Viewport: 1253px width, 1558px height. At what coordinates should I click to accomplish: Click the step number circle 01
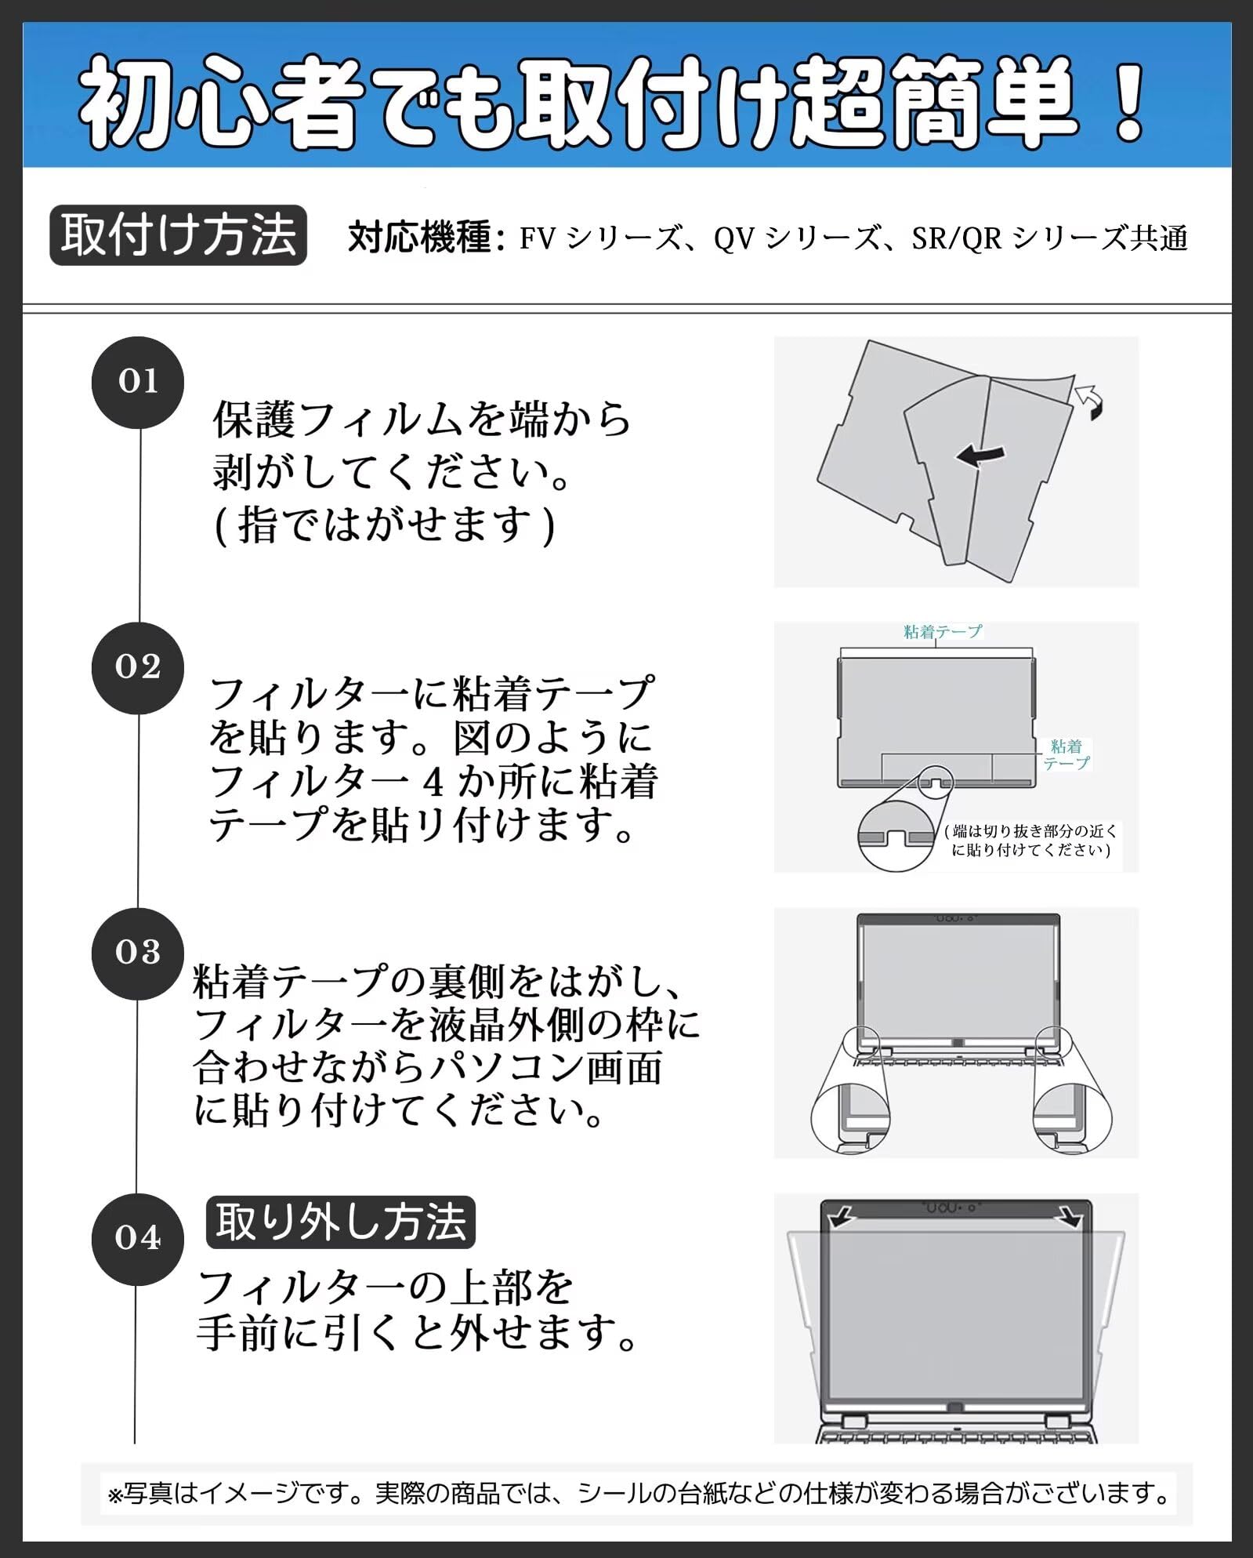coord(138,382)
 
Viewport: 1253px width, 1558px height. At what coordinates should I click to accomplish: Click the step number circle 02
coord(138,667)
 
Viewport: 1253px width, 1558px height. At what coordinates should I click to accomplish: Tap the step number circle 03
coord(138,953)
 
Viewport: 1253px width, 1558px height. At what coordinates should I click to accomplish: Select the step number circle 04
coord(138,1238)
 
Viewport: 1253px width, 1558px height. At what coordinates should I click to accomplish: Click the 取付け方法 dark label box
coord(178,235)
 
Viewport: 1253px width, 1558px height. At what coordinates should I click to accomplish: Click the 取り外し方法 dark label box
coord(340,1222)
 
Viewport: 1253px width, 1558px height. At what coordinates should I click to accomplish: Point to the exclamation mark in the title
coord(1128,102)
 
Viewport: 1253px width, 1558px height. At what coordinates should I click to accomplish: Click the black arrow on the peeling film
coord(980,455)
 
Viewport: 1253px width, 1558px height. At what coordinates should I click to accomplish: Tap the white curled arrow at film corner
coord(1089,401)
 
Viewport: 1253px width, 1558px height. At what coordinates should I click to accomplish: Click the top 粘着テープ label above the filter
coord(942,631)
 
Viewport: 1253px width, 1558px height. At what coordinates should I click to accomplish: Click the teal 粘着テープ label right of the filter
coord(1066,754)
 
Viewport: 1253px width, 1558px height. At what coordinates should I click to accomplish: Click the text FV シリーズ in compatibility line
coord(599,238)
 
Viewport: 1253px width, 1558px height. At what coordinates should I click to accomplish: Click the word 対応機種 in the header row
coord(420,238)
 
